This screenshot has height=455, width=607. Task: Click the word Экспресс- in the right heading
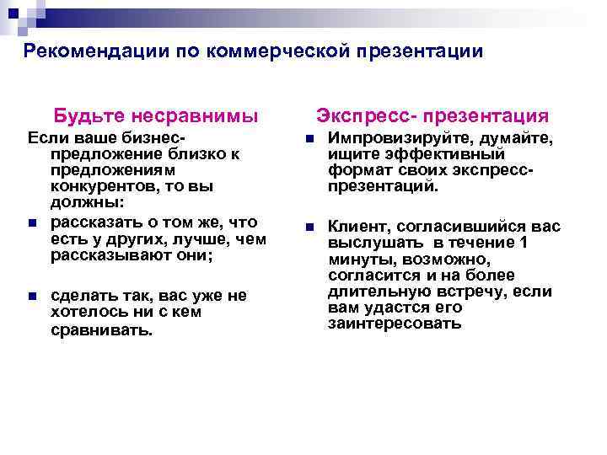pos(366,115)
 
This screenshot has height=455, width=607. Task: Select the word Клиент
pos(357,227)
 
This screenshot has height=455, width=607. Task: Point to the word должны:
pos(87,203)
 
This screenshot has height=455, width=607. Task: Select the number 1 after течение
pos(524,243)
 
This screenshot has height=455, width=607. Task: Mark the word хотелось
pos(89,312)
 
